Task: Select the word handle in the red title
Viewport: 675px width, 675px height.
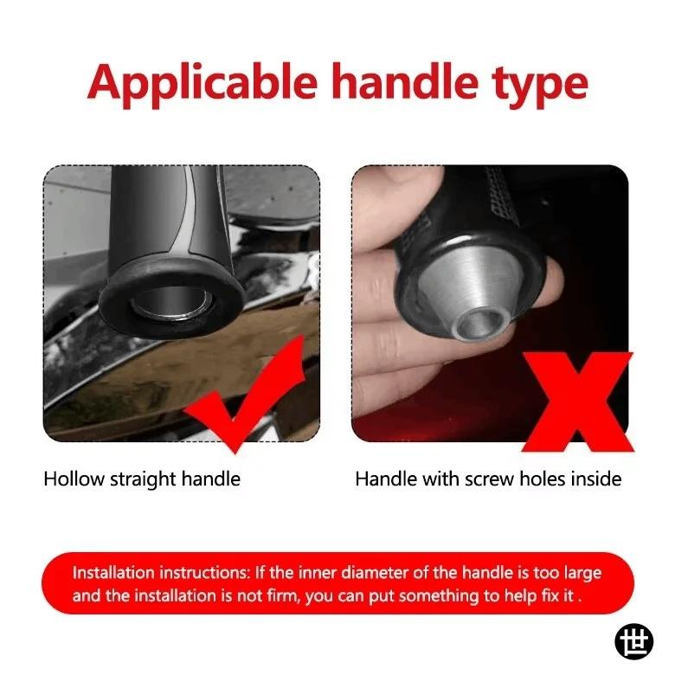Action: point(405,81)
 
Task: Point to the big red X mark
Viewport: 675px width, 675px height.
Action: point(577,402)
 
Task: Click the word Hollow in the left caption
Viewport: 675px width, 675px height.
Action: point(74,479)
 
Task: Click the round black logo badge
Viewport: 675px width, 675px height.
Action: point(633,641)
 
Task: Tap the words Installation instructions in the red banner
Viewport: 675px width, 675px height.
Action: point(161,573)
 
